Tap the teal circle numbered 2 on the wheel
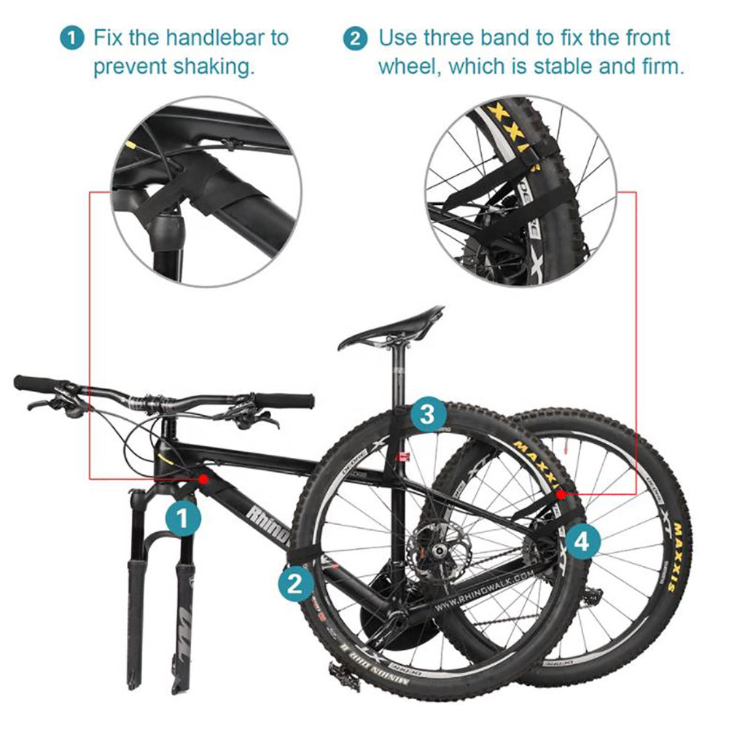click(x=295, y=583)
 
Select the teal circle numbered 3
click(x=429, y=415)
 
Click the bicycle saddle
click(x=394, y=327)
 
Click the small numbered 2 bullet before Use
click(x=355, y=38)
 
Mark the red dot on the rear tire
click(x=561, y=494)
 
